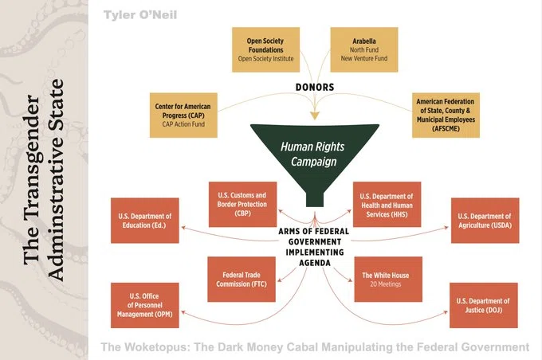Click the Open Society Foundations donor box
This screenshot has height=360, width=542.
[265, 49]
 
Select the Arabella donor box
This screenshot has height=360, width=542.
[364, 49]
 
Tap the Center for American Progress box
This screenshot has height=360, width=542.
[183, 115]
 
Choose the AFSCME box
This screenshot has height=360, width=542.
[446, 115]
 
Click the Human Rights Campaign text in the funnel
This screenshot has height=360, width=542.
[312, 154]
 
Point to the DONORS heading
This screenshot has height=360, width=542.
[315, 88]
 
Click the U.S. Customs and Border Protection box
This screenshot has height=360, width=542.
[242, 204]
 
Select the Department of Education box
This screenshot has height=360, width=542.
[145, 221]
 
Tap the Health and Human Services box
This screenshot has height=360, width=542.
[387, 204]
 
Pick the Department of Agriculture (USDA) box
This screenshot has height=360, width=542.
[485, 221]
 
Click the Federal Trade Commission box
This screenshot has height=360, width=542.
[242, 279]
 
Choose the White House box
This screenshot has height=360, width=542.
[388, 279]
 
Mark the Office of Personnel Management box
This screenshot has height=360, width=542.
[145, 305]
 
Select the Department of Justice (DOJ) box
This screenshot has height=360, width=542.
[484, 305]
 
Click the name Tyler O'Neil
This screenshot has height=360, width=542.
[140, 15]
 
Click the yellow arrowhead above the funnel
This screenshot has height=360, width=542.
[315, 115]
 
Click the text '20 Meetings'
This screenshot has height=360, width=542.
[386, 284]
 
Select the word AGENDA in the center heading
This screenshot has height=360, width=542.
[315, 263]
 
